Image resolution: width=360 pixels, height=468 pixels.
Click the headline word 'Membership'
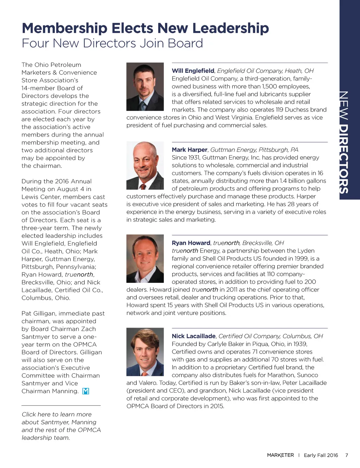click(64, 28)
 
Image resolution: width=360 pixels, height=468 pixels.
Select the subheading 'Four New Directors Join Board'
click(112, 43)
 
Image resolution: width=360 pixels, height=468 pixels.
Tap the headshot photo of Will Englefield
click(145, 87)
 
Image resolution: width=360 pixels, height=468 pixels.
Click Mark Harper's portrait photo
click(145, 165)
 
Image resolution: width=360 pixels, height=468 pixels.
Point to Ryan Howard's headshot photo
click(145, 259)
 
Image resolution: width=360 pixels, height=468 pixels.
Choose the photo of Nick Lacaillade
click(145, 352)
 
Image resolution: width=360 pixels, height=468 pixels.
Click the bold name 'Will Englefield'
click(193, 71)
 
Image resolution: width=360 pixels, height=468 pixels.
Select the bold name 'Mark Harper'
click(189, 150)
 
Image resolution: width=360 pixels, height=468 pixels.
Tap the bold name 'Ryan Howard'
click(191, 243)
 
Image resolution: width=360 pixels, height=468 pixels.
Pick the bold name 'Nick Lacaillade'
click(193, 336)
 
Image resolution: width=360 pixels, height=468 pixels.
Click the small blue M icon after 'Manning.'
click(85, 391)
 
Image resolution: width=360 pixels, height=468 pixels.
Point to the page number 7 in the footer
click(347, 455)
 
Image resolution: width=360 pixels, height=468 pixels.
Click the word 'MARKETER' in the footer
click(280, 455)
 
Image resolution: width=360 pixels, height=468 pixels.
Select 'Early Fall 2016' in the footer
click(321, 455)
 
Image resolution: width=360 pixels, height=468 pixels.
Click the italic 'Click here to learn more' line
click(57, 415)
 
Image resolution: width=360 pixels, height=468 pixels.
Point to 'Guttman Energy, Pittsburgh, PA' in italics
click(254, 150)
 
